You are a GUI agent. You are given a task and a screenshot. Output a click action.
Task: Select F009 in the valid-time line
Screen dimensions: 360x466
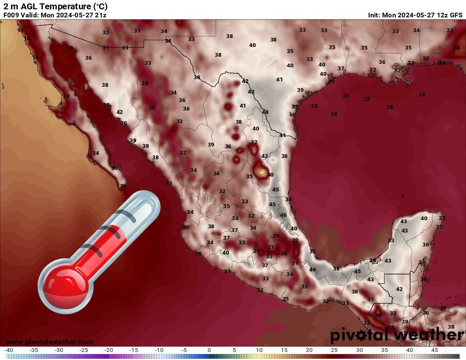[x=11, y=15]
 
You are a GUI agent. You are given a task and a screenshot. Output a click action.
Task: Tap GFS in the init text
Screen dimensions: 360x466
[x=456, y=15]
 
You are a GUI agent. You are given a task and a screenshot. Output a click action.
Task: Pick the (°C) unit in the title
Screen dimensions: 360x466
[x=100, y=6]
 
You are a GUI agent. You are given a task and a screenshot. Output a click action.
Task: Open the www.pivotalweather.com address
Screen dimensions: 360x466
[x=50, y=342]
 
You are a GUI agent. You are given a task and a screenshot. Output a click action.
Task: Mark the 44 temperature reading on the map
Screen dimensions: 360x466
[x=265, y=112]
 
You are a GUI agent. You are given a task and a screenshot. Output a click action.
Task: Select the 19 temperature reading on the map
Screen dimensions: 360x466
[x=20, y=30]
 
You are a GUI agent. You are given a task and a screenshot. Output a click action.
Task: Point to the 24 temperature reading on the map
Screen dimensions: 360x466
[x=456, y=47]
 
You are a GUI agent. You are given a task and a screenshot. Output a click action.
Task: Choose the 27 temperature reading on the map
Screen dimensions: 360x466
[x=443, y=308]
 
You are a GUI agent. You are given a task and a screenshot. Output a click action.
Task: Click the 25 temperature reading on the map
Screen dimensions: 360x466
[x=378, y=316]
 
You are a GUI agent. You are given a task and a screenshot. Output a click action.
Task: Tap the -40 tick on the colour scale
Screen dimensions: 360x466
[x=9, y=350]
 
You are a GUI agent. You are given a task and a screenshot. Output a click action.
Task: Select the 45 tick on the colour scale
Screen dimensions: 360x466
[x=434, y=350]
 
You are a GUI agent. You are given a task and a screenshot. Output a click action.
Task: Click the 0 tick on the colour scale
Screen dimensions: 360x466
[x=209, y=350]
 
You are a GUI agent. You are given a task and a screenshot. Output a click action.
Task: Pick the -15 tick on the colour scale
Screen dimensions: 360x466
[x=134, y=350]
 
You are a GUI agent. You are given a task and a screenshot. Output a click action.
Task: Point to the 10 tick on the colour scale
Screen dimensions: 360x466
[x=259, y=350]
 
